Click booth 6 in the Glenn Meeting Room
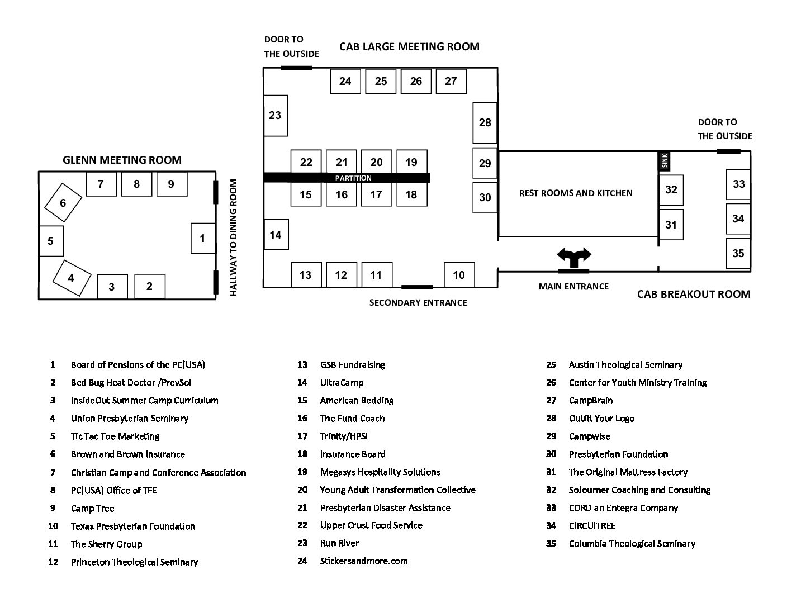(63, 202)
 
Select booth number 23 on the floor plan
(275, 116)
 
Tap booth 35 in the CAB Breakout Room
(738, 253)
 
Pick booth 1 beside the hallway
(202, 238)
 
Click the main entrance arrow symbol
(573, 258)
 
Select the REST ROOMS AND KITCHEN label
(576, 193)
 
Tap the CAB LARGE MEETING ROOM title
(409, 46)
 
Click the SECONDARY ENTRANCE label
(418, 302)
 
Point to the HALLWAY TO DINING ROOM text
(234, 237)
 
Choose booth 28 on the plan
(485, 122)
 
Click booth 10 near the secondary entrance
(459, 275)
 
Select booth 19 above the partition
(411, 162)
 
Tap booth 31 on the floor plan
(671, 225)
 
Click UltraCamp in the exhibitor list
(342, 383)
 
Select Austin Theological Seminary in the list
(625, 365)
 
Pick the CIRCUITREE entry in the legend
(592, 526)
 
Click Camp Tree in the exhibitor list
(92, 509)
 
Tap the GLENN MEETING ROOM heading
(122, 160)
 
